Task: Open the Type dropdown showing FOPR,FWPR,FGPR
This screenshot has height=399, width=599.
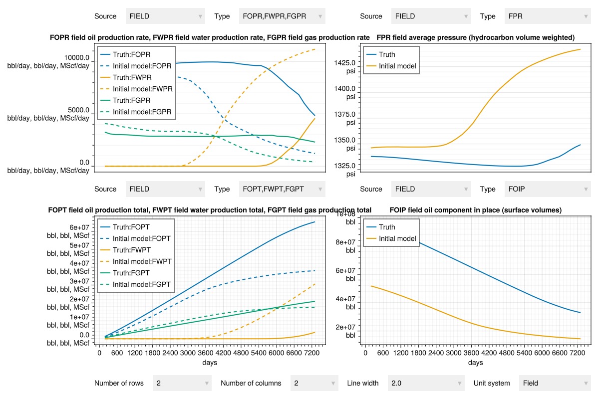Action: (x=282, y=16)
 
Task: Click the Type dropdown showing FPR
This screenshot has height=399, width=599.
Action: (x=548, y=16)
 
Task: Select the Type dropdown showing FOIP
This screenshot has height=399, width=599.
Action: (x=548, y=189)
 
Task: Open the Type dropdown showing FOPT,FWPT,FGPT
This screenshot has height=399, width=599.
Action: (x=282, y=189)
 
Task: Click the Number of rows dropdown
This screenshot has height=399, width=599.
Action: (x=182, y=383)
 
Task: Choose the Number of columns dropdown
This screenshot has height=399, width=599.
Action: (x=314, y=383)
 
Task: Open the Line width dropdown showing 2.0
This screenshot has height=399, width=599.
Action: (x=426, y=383)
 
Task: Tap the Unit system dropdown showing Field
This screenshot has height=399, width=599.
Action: (x=555, y=383)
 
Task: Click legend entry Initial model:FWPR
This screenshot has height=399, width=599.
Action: (x=136, y=89)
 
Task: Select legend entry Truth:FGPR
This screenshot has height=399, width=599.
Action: (x=125, y=100)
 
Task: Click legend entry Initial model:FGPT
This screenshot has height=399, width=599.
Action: (x=135, y=284)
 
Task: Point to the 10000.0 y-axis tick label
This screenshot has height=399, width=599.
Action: (x=77, y=57)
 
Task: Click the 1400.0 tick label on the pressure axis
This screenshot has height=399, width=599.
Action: (x=345, y=88)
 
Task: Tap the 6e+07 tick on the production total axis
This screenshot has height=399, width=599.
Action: (x=79, y=227)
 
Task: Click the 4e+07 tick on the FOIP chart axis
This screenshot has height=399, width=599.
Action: (x=345, y=299)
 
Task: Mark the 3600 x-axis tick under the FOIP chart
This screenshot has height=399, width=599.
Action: (x=471, y=353)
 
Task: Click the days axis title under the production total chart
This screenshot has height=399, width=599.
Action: (x=210, y=363)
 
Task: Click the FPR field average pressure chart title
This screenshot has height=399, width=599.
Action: (x=476, y=37)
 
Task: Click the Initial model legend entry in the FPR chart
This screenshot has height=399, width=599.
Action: (x=391, y=66)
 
